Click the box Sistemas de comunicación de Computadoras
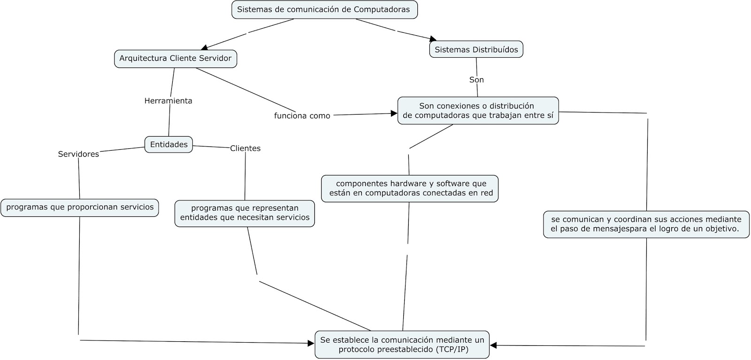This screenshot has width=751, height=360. tap(324, 9)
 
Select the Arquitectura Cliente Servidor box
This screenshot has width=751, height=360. tap(176, 59)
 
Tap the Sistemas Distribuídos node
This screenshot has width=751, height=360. tap(476, 49)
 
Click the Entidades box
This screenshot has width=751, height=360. tap(169, 145)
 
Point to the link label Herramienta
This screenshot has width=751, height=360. tap(168, 101)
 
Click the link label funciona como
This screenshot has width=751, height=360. tap(302, 115)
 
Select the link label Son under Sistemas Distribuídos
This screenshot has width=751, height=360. tap(476, 80)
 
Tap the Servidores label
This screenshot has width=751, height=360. tap(78, 154)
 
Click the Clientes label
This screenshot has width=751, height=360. tap(245, 148)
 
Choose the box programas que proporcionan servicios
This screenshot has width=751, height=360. tap(80, 207)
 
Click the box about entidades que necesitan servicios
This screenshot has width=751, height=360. tap(245, 213)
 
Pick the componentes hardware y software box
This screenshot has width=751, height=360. tap(410, 188)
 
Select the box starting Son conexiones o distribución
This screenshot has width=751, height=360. tap(478, 110)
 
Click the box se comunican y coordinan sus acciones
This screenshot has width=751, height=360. tap(646, 224)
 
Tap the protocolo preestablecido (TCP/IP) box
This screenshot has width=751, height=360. tap(402, 345)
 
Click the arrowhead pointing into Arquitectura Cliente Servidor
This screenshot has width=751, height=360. tap(205, 47)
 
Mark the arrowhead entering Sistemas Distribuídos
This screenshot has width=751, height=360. tap(433, 39)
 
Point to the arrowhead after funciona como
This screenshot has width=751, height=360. tap(394, 114)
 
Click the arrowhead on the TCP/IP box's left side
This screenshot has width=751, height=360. tap(311, 344)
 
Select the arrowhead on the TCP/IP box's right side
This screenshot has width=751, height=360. tap(493, 345)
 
